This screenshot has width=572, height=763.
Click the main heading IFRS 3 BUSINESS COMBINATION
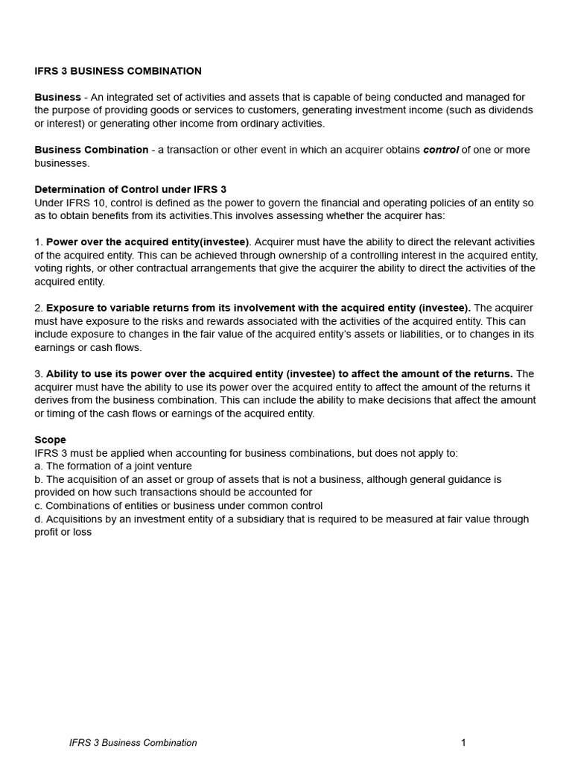point(118,72)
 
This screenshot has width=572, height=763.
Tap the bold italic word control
point(441,150)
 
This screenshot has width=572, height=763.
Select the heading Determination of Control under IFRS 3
point(130,189)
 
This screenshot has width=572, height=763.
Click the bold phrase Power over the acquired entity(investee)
point(147,242)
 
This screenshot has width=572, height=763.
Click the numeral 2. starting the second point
point(39,308)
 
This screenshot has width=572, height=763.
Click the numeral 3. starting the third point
point(39,373)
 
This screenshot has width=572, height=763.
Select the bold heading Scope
point(50,440)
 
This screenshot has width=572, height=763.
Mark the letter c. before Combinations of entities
point(39,506)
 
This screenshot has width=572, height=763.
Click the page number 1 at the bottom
point(463,742)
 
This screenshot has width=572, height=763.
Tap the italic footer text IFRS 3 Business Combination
point(133,742)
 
